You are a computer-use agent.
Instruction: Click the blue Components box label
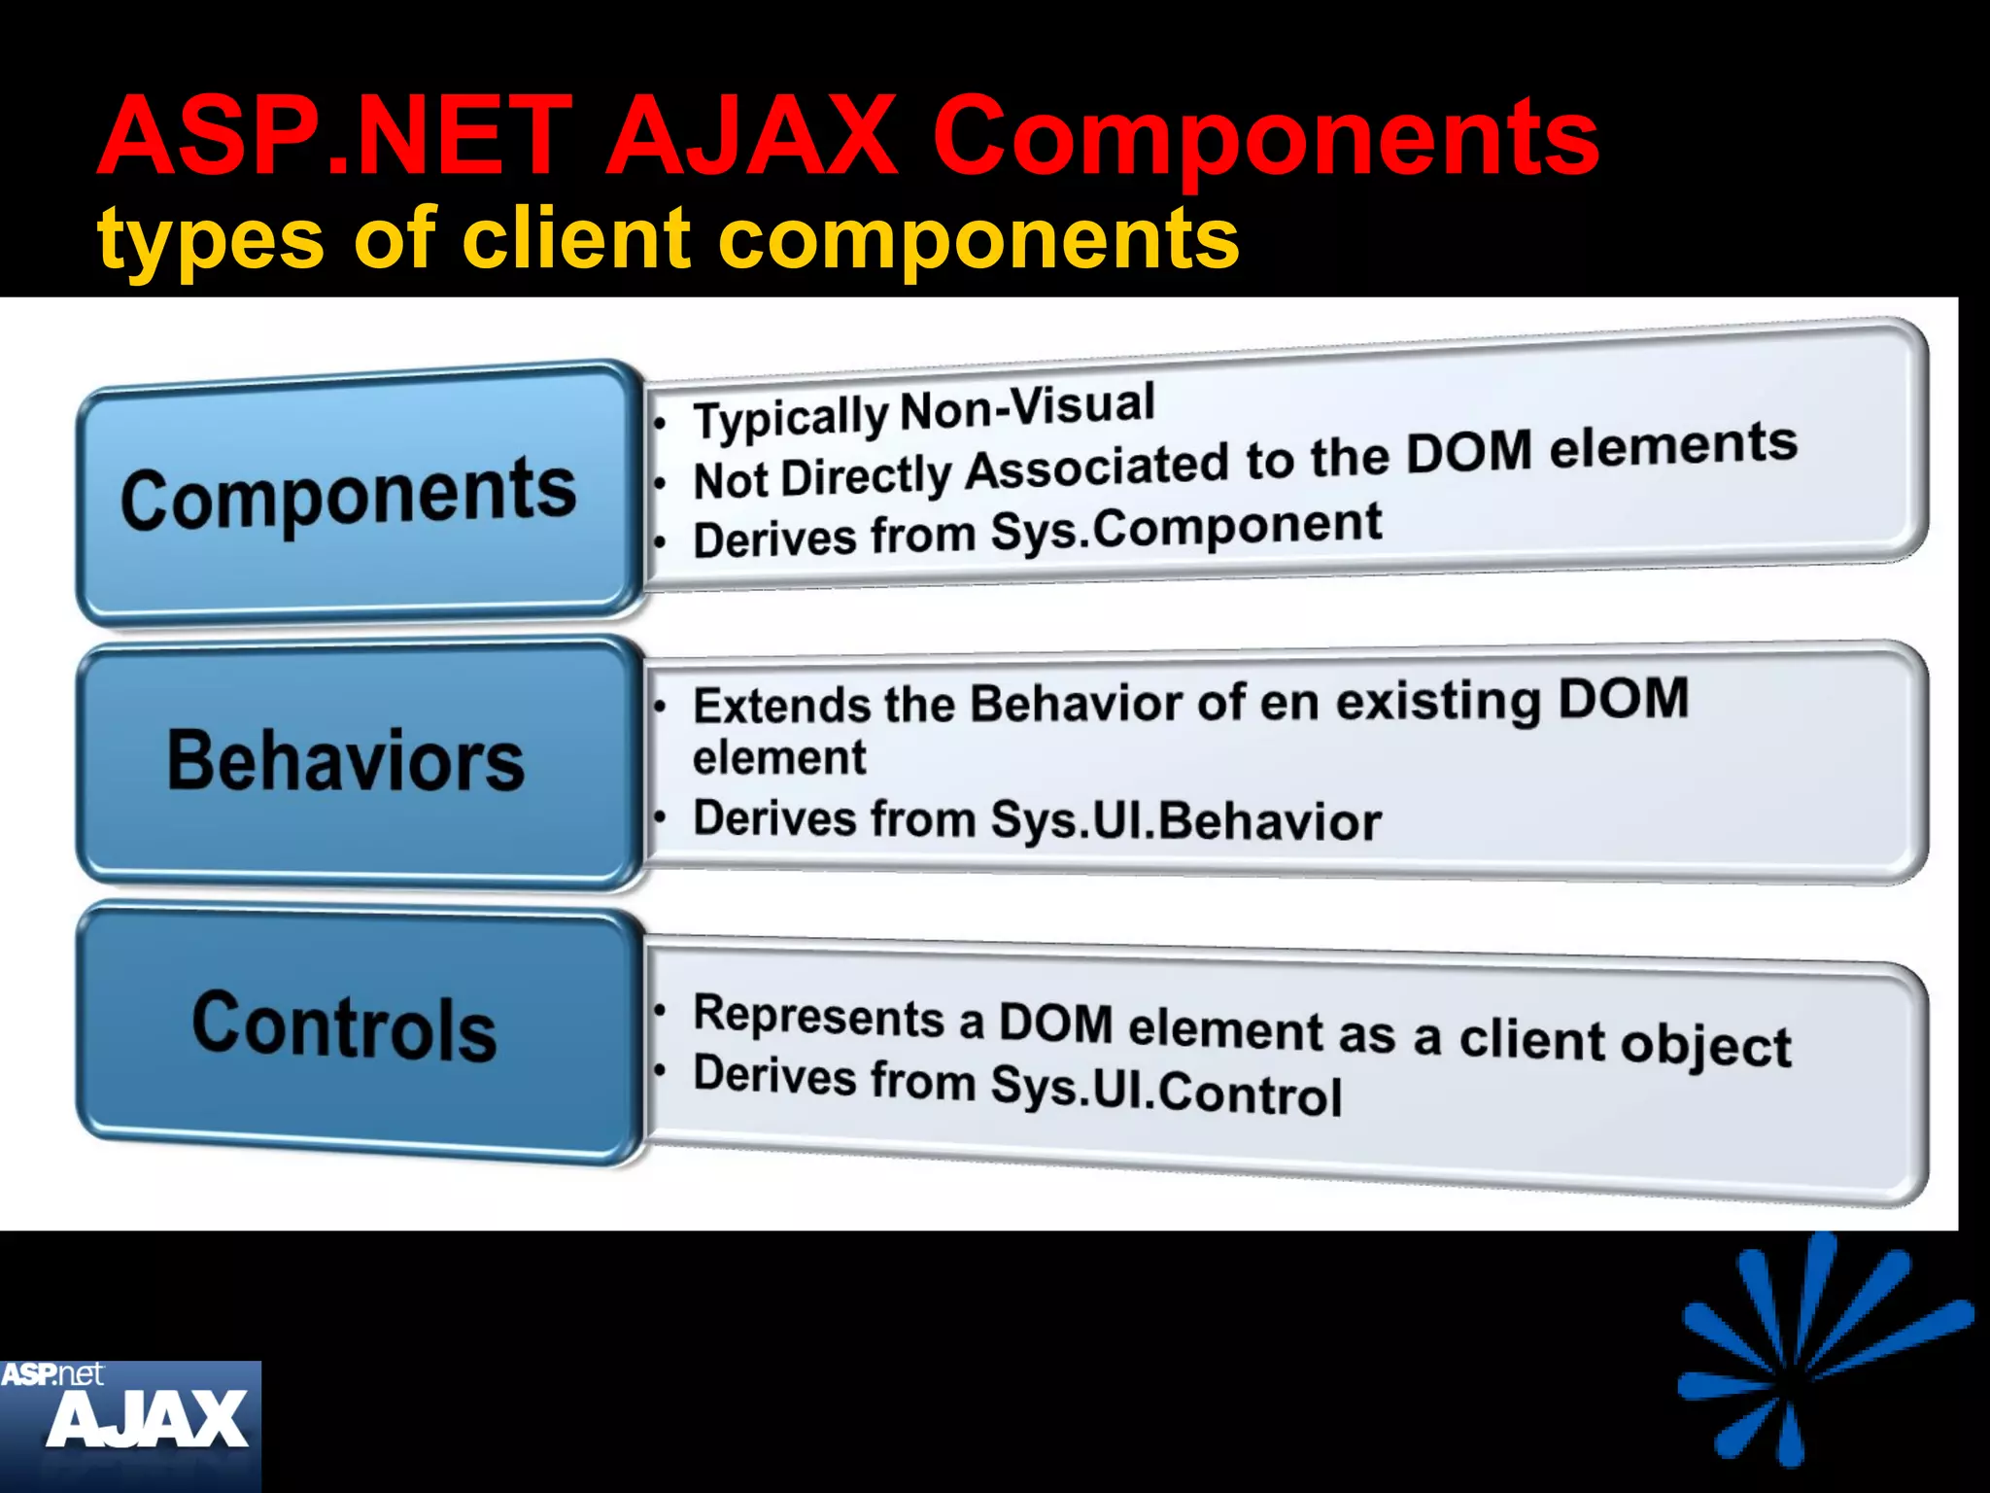348,496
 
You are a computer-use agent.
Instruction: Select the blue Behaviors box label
346,760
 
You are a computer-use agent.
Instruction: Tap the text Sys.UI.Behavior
1185,821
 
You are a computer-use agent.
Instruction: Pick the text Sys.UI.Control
1166,1091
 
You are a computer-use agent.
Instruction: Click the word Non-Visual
1027,408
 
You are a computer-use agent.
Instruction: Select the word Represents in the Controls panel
818,1017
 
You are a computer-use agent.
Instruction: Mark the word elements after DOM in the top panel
1672,446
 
